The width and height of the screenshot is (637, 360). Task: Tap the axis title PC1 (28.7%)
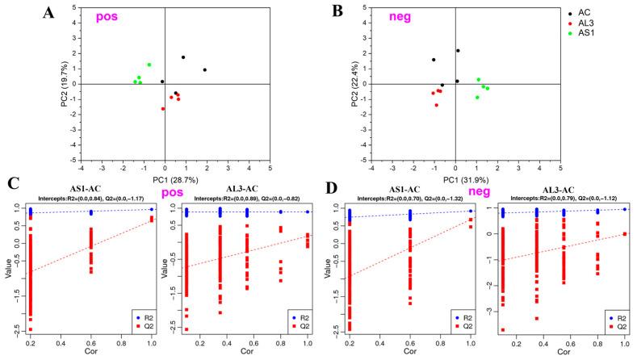tap(165, 178)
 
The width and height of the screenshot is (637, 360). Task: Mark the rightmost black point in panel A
tap(205, 70)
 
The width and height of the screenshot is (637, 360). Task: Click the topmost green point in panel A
tap(149, 65)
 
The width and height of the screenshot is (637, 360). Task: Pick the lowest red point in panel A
tap(163, 108)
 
